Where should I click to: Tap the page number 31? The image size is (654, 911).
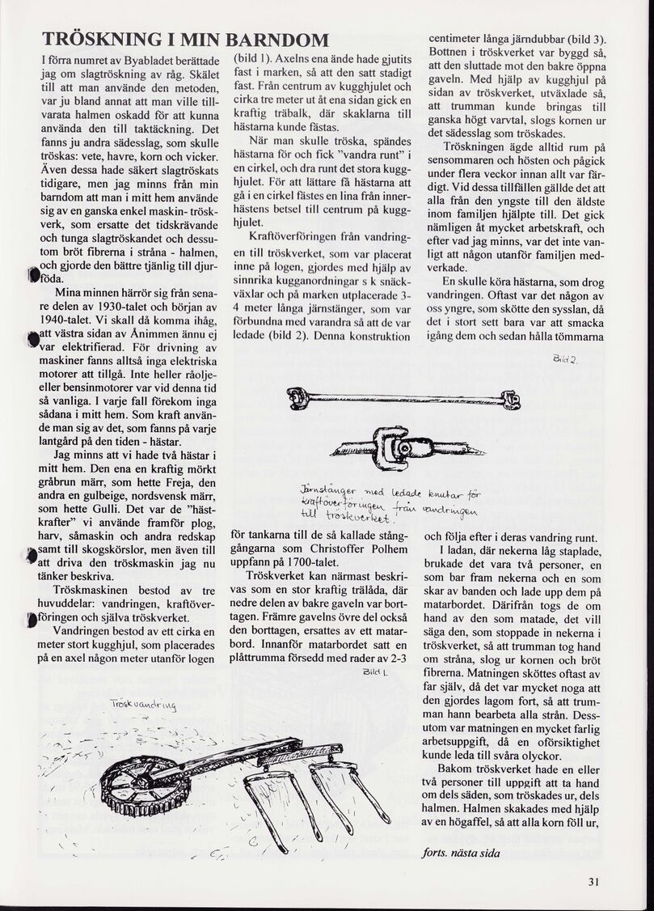click(x=593, y=882)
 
